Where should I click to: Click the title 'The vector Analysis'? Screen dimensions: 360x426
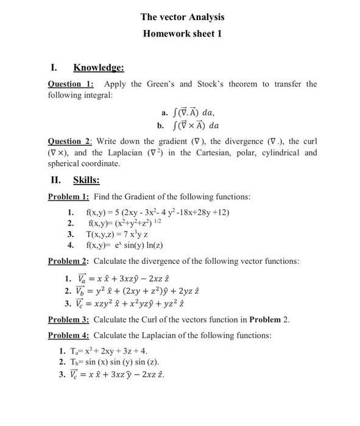click(x=182, y=17)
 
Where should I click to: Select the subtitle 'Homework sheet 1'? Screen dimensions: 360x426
click(x=182, y=34)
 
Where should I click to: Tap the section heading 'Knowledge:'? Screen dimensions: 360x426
click(x=99, y=67)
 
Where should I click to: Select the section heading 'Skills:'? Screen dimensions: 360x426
click(x=86, y=180)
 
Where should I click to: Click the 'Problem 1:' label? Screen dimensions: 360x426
click(x=69, y=197)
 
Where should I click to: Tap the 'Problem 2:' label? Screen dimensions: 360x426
click(x=69, y=261)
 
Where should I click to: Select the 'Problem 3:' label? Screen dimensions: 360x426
click(x=69, y=319)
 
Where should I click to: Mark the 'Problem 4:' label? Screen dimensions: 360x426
click(x=69, y=336)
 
